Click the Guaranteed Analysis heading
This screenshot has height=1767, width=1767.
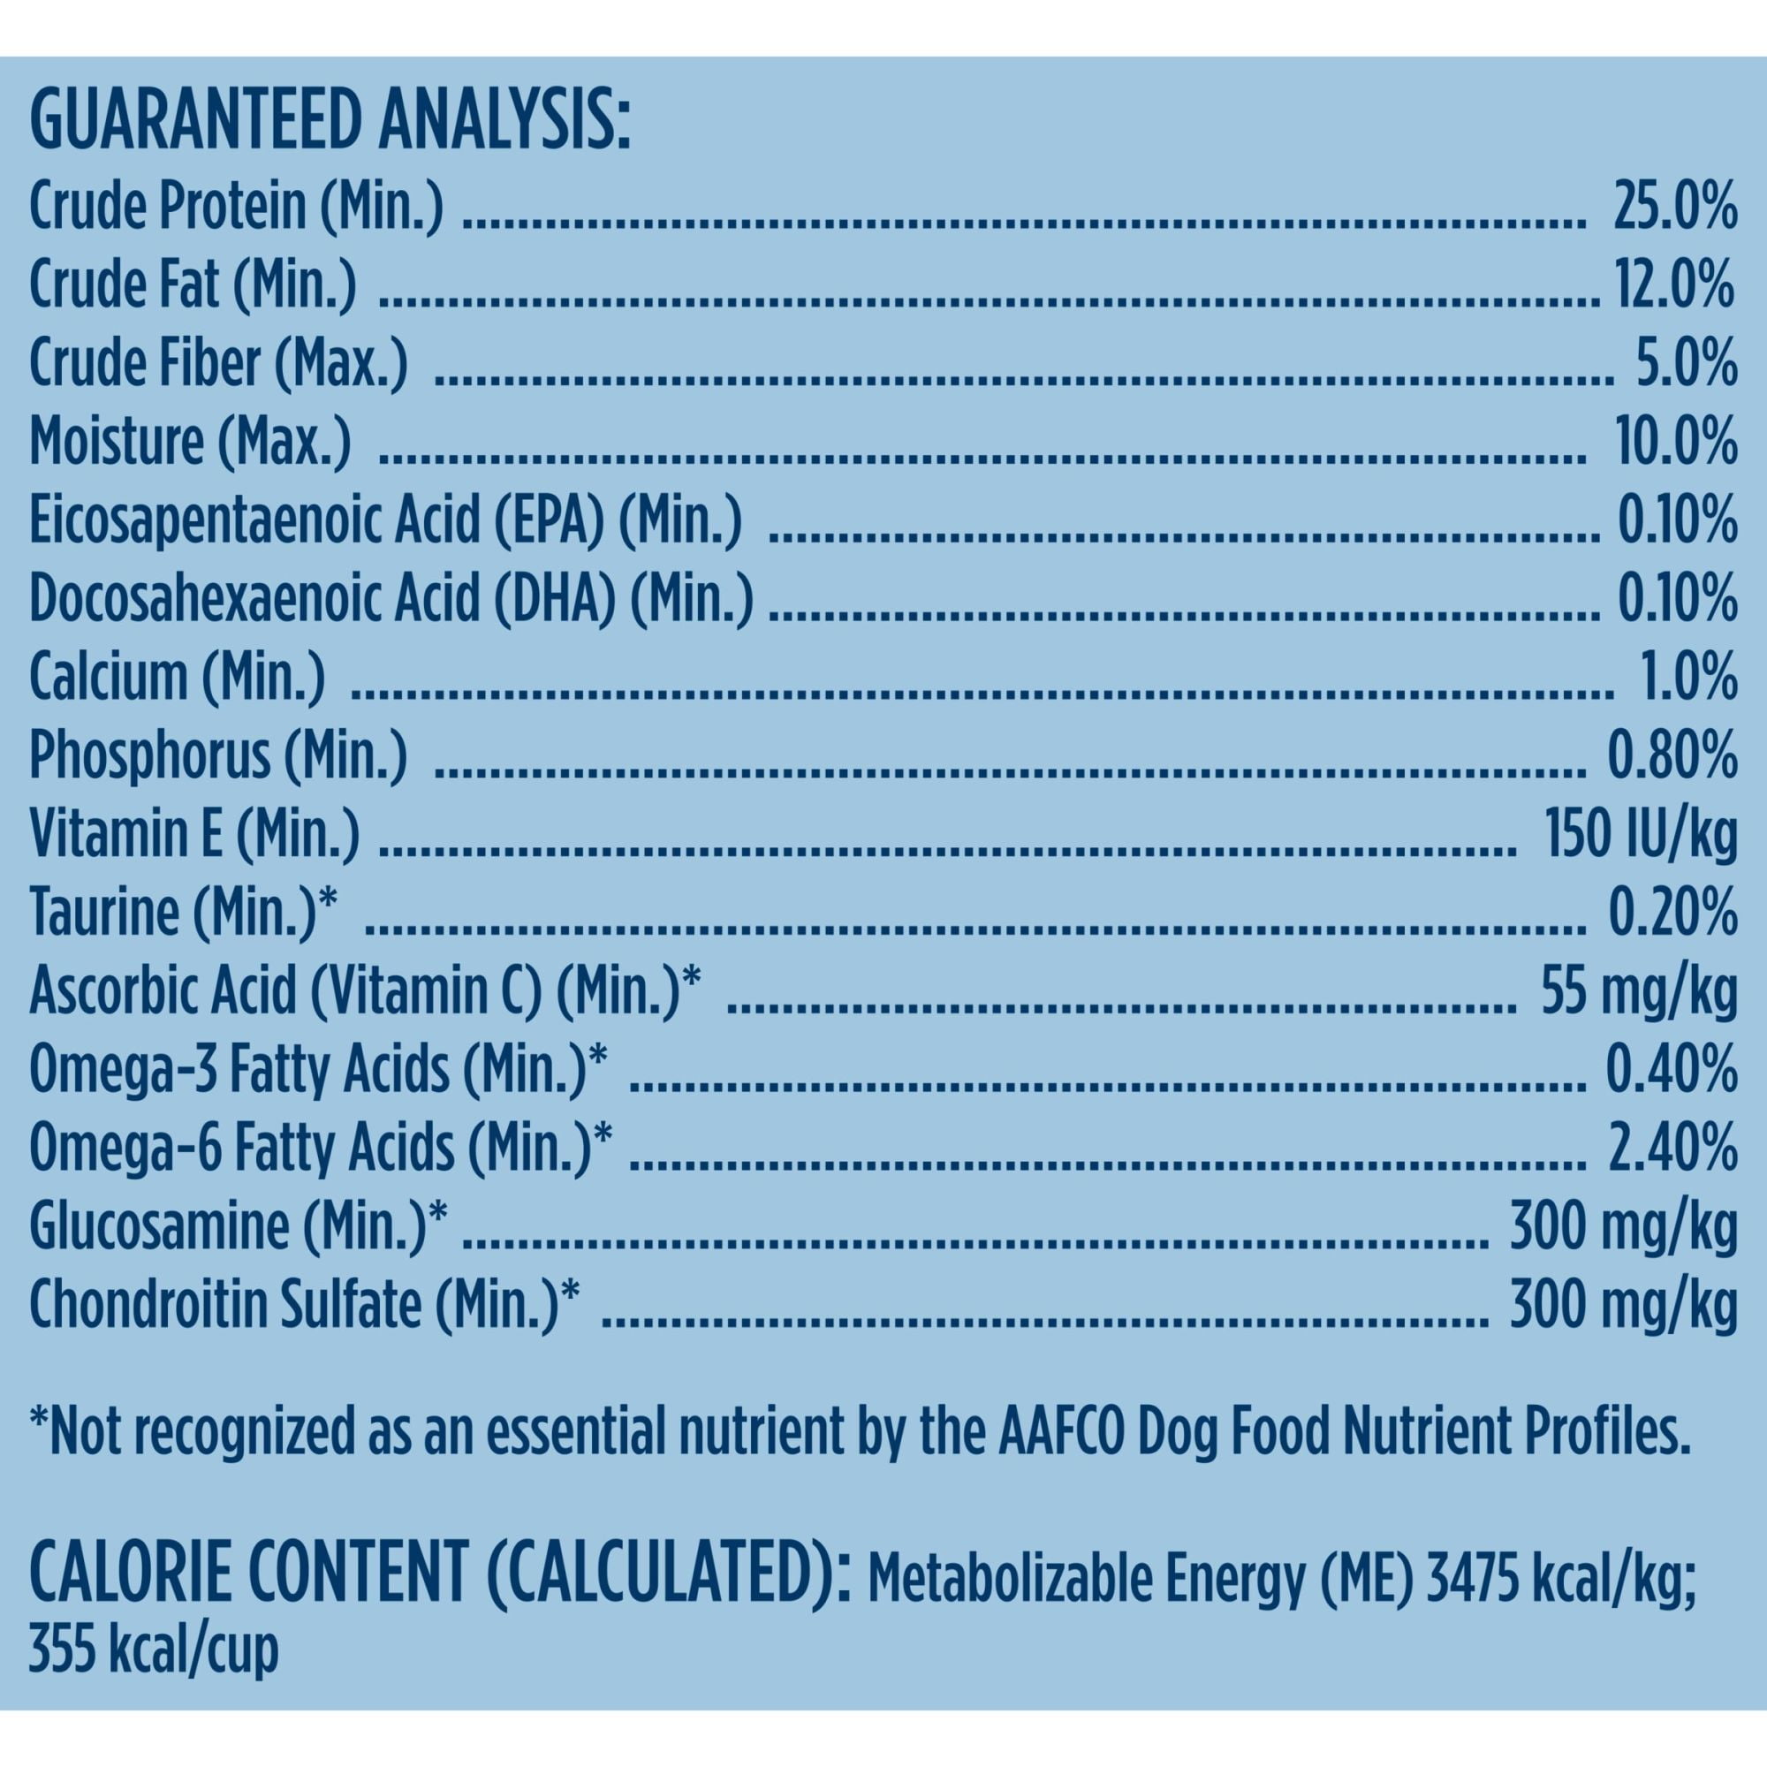(x=330, y=126)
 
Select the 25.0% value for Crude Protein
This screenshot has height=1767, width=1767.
(x=1673, y=209)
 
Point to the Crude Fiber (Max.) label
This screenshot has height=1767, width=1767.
(x=218, y=364)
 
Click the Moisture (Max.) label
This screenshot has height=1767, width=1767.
(x=190, y=442)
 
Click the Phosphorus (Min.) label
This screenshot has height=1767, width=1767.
(x=217, y=756)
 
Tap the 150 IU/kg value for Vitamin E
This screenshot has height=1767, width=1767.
(x=1640, y=835)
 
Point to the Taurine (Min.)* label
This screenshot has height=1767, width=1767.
(x=184, y=913)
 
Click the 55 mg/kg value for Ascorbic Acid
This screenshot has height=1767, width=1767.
(x=1638, y=991)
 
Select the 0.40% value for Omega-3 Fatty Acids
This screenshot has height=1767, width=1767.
(x=1672, y=1070)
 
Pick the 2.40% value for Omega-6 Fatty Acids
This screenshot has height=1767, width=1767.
(x=1672, y=1149)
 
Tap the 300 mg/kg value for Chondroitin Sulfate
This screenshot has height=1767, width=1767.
(x=1622, y=1305)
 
